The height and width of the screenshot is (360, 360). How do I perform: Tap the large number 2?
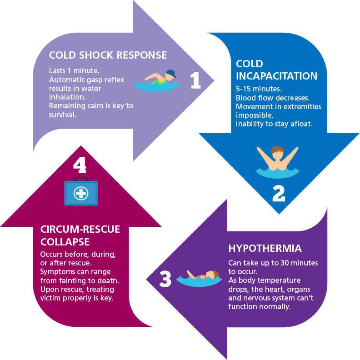[x=278, y=193]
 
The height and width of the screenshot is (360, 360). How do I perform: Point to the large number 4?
[x=80, y=165]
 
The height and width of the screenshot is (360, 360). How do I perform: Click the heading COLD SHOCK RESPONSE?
[x=108, y=55]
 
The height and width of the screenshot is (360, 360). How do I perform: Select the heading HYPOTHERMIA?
[x=265, y=249]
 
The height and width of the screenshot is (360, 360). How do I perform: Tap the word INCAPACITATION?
[x=276, y=75]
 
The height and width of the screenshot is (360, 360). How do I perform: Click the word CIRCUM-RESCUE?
[x=80, y=229]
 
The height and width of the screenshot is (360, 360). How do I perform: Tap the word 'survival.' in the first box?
[x=63, y=114]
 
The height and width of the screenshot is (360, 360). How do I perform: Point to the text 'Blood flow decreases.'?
[x=271, y=98]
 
